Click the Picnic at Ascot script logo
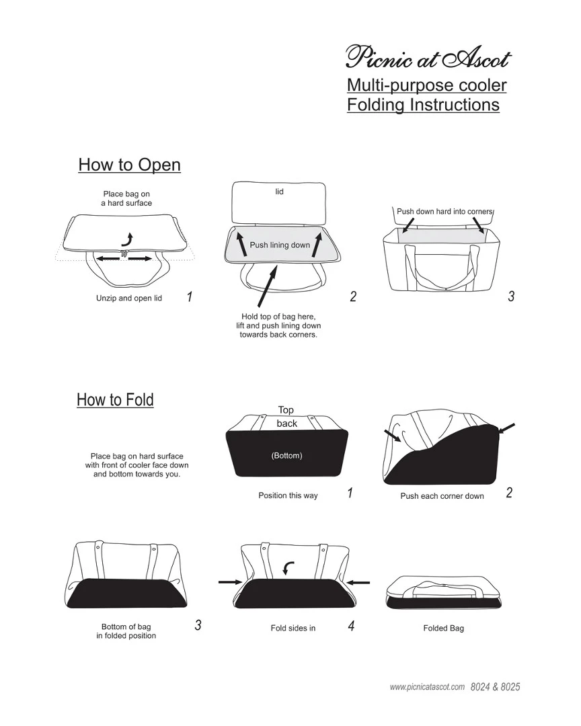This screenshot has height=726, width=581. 428,57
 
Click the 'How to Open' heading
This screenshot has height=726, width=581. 129,165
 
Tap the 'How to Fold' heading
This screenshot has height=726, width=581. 115,399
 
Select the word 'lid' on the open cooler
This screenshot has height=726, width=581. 279,191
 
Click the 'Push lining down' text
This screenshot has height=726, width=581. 280,245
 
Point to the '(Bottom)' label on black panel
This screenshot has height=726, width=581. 286,456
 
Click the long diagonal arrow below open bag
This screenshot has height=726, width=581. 267,286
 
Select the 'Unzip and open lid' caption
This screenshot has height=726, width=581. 129,298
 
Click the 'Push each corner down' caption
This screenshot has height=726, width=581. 442,496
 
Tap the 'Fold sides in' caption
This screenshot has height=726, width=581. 293,629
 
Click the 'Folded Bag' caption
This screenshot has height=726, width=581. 443,629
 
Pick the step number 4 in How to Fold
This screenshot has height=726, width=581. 351,626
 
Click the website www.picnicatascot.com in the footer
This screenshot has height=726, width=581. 427,687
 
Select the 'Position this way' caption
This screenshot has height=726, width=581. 288,495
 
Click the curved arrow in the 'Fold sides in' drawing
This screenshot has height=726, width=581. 288,567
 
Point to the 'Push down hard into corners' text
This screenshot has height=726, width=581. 444,212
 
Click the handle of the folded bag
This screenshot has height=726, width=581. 443,589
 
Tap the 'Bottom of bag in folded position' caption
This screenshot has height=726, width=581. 126,631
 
